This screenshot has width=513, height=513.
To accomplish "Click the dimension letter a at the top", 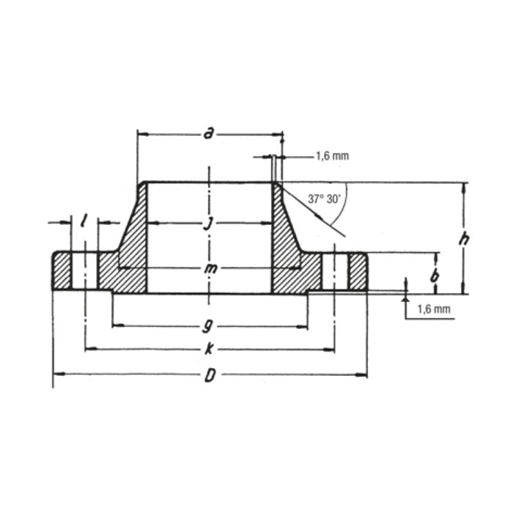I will (209, 133).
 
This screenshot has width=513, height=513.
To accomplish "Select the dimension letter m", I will (210, 269).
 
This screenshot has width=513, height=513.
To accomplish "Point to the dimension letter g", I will (210, 325).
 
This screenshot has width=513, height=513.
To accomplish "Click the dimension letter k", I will (210, 350).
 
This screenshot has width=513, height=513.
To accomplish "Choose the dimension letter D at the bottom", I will (210, 376).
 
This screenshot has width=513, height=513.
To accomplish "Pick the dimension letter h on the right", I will (463, 237).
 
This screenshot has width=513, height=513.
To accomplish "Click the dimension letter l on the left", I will (85, 221).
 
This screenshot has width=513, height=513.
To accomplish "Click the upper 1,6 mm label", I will (332, 156).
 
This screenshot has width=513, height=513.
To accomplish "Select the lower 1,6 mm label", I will (434, 309).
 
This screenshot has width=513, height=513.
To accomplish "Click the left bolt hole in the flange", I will (85, 272).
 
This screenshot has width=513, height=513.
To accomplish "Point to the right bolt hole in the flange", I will (335, 272).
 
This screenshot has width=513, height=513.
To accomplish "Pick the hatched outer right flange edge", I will (358, 272).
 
